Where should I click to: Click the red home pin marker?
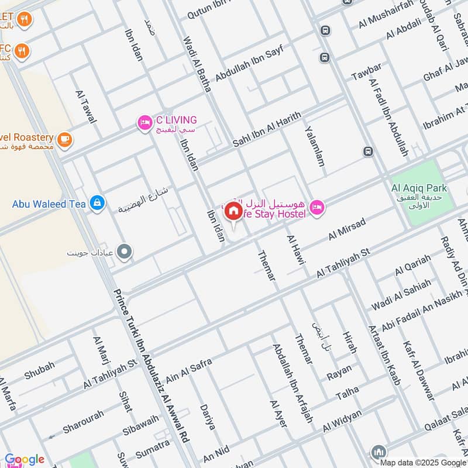tap(233, 211)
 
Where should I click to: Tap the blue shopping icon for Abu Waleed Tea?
tap(97, 204)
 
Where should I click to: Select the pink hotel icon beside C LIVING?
tap(144, 122)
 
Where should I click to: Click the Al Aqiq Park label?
tap(419, 188)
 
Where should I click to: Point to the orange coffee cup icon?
tap(64, 139)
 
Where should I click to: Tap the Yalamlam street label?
tap(314, 147)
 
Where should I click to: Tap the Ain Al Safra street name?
tap(188, 371)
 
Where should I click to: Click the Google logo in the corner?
tap(24, 459)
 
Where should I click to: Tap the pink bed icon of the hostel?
tap(316, 207)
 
